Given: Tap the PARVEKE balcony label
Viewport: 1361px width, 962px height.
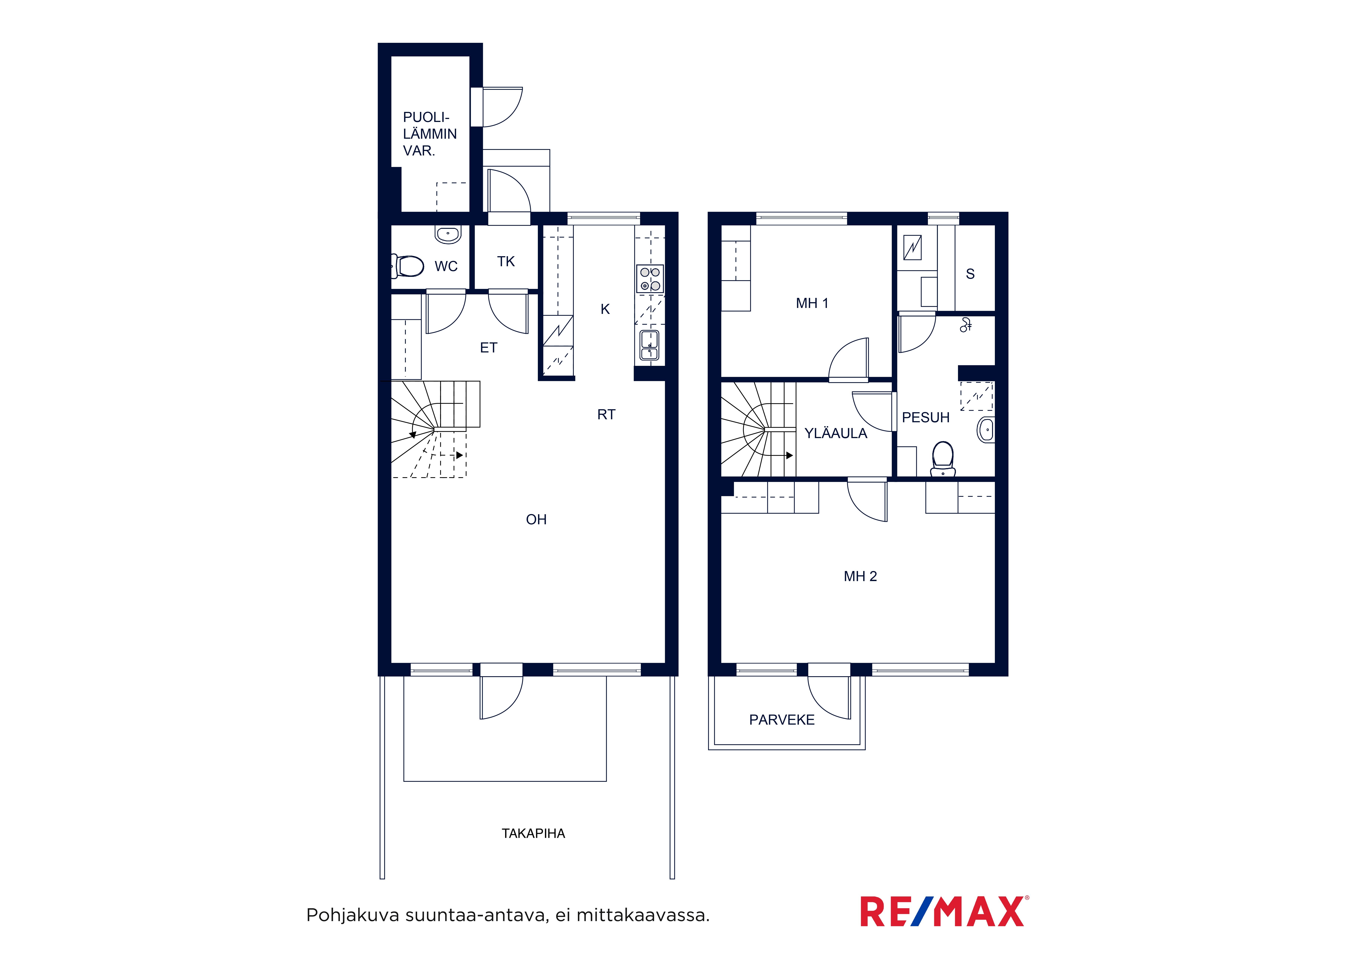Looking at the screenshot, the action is (782, 720).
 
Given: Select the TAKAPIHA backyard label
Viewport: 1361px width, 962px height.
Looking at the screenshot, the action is (534, 834).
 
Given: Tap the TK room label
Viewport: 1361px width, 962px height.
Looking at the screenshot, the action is (506, 261).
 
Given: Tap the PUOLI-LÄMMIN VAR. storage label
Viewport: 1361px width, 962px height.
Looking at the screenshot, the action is (430, 134).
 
